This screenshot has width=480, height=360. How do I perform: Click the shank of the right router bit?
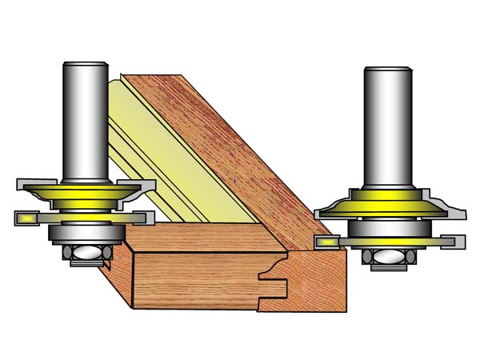386,128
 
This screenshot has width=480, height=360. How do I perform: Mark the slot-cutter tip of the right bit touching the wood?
328,240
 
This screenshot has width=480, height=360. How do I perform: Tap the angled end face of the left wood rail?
120,272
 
